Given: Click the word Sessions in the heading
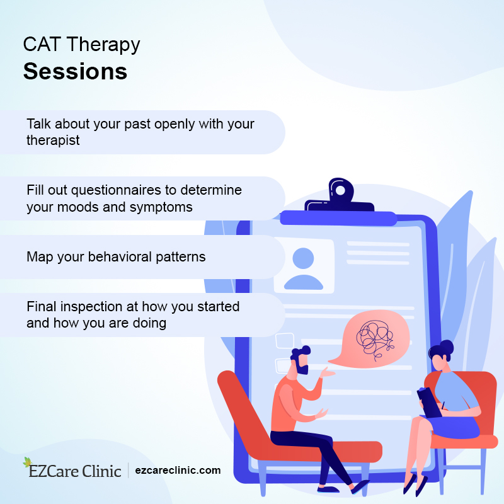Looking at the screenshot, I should coord(75,71).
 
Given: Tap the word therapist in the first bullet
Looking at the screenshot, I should coord(53,140).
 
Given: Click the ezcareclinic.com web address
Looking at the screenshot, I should coord(178,470).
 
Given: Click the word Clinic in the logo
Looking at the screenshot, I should coord(101,471).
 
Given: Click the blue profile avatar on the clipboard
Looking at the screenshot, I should coord(303,268).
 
